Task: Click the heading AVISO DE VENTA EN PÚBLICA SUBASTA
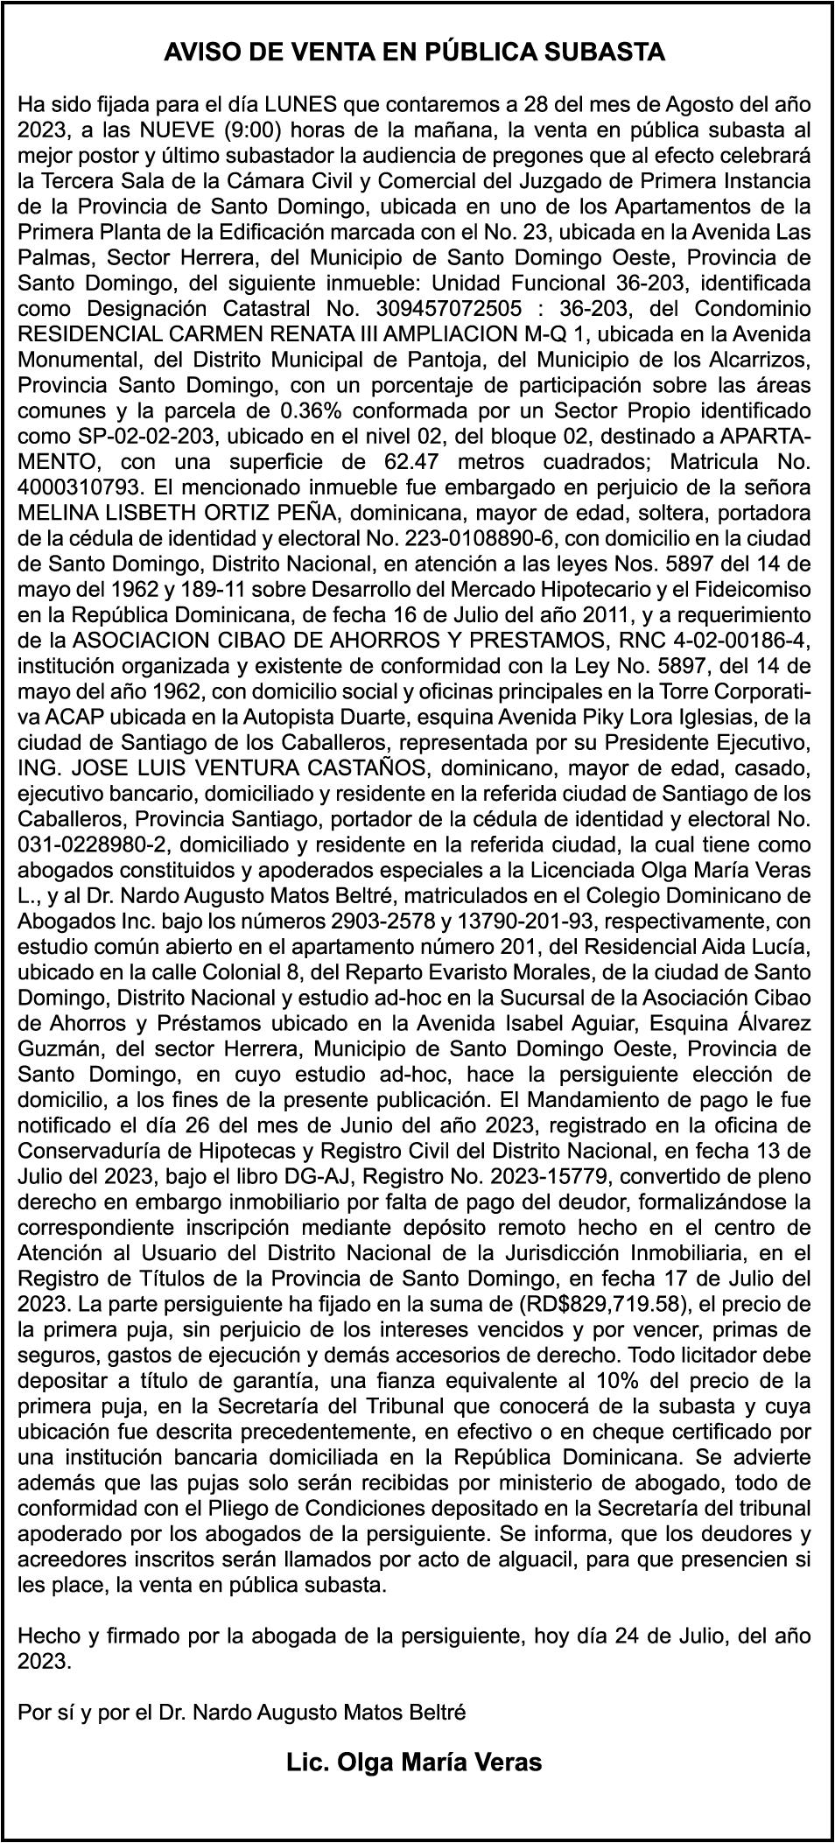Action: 415,53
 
